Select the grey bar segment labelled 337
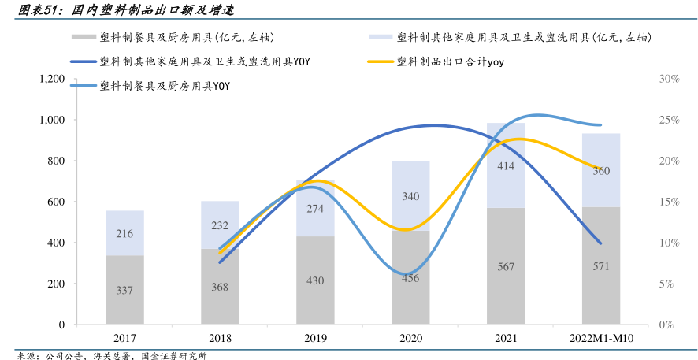point(124,290)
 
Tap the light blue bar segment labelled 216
point(124,233)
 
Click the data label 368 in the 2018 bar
point(220,287)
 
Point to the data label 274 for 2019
point(315,209)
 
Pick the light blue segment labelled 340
point(410,196)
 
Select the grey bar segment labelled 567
point(506,266)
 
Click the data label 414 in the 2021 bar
point(506,166)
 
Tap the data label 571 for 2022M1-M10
point(600,266)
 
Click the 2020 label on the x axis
point(410,338)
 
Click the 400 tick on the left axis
point(54,243)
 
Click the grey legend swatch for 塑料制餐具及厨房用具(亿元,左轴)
point(83,37)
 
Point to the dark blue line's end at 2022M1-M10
point(600,243)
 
